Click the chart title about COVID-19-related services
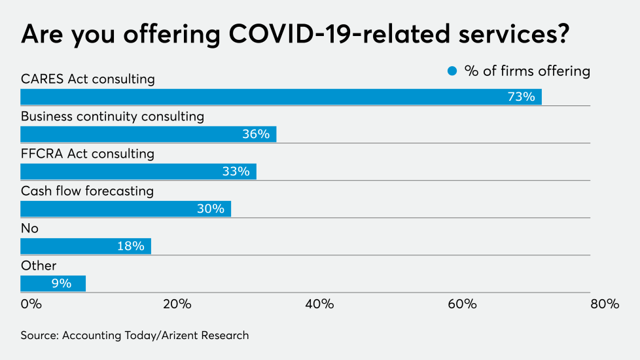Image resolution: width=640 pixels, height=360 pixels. tap(294, 34)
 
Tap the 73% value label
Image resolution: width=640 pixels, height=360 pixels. tap(521, 97)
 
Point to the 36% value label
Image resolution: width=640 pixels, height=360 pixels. tap(255, 134)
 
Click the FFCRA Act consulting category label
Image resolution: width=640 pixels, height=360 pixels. tap(88, 154)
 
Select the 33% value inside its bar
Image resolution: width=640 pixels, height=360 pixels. tap(236, 171)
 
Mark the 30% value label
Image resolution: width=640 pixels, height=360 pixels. tap(210, 209)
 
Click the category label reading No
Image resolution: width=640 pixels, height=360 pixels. tap(30, 228)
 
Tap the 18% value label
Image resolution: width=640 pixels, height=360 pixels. tap(130, 246)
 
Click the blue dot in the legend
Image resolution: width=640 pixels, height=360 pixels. tap(452, 71)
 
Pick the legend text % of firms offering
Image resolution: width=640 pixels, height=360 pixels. tap(527, 71)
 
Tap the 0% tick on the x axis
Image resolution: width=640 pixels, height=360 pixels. tap(31, 304)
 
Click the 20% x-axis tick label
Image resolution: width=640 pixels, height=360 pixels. tap(177, 304)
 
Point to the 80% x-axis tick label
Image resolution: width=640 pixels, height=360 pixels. tap(604, 304)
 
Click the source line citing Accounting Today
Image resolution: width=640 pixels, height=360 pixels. tap(135, 335)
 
